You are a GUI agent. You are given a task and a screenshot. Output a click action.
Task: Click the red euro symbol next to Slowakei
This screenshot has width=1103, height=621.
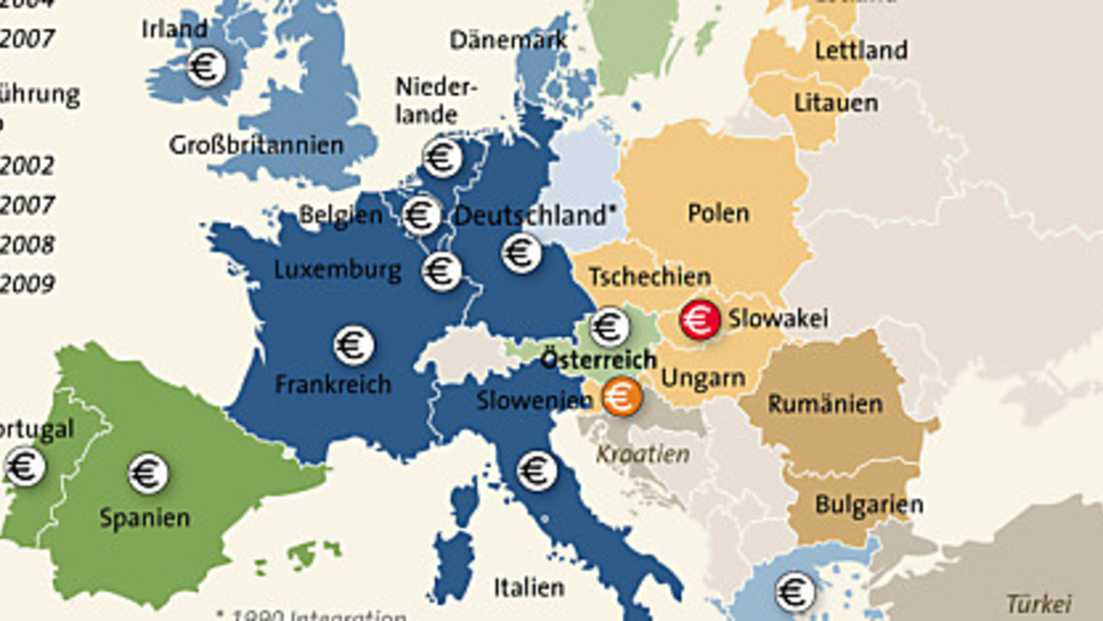pyautogui.click(x=700, y=320)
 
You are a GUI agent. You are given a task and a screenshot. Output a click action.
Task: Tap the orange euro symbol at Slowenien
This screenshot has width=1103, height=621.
pyautogui.click(x=621, y=397)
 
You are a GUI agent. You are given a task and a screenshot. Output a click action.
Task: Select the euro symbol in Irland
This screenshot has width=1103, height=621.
pyautogui.click(x=206, y=67)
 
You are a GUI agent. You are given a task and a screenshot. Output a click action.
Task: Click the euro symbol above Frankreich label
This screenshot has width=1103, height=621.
pyautogui.click(x=354, y=345)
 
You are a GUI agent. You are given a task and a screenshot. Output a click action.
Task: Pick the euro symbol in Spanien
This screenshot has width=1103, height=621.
pyautogui.click(x=148, y=473)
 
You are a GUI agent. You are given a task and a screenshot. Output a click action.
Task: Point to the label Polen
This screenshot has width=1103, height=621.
pyautogui.click(x=718, y=213)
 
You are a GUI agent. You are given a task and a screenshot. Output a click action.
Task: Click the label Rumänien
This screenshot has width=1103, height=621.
pyautogui.click(x=824, y=404)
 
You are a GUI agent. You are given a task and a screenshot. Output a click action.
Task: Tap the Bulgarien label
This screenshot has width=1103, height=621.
pyautogui.click(x=869, y=504)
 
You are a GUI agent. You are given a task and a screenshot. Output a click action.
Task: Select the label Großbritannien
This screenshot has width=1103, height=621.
pyautogui.click(x=256, y=145)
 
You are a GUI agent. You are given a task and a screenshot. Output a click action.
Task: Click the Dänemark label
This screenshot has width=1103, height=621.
pyautogui.click(x=508, y=40)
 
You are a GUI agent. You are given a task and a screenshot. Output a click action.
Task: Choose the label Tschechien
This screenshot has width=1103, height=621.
pyautogui.click(x=649, y=277)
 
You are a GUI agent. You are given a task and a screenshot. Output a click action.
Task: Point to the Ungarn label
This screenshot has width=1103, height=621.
pyautogui.click(x=702, y=378)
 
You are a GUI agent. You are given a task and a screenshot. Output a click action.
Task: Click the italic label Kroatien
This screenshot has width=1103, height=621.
pyautogui.click(x=642, y=454)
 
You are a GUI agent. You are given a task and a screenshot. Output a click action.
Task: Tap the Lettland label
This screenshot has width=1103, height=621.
pyautogui.click(x=860, y=50)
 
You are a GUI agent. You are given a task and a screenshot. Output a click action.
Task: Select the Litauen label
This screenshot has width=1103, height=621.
pyautogui.click(x=836, y=103)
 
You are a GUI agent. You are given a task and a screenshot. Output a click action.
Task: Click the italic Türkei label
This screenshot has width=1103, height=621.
pyautogui.click(x=1038, y=604)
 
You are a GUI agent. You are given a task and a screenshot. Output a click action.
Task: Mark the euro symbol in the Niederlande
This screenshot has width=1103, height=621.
pyautogui.click(x=442, y=157)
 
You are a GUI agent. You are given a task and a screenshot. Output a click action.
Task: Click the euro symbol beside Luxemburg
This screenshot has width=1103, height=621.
pyautogui.click(x=441, y=270)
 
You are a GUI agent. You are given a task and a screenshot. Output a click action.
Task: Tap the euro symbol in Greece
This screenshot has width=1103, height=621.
pyautogui.click(x=794, y=592)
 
